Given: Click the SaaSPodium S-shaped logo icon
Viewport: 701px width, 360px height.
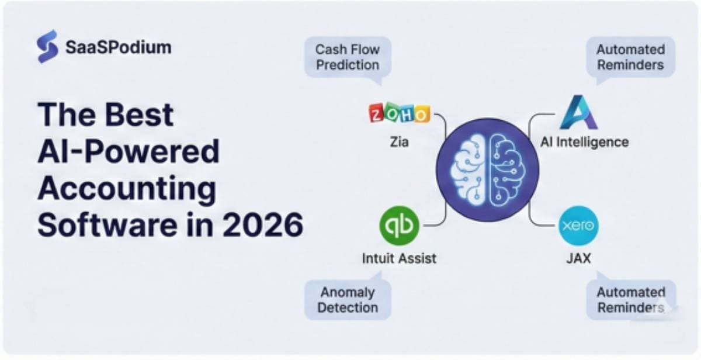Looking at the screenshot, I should click(47, 46).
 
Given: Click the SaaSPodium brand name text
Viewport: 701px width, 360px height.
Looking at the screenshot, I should click(118, 47).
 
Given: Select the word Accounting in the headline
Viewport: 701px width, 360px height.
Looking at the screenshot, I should click(127, 188).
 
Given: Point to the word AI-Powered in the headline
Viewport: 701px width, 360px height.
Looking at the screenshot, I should click(129, 151).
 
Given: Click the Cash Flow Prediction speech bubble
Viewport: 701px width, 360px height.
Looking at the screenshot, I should click(348, 57).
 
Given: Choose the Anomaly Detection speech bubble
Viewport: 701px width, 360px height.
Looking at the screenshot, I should click(348, 300).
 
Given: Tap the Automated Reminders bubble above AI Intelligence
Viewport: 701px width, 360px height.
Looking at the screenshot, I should click(630, 57).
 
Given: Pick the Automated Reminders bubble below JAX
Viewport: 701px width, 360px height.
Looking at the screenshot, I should click(631, 300).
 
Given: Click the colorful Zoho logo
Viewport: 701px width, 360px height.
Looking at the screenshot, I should click(400, 113).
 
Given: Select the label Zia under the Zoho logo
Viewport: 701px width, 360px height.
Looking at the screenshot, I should click(399, 141).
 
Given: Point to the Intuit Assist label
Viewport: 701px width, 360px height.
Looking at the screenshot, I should click(399, 258).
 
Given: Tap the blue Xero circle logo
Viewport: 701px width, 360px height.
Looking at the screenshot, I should click(578, 226).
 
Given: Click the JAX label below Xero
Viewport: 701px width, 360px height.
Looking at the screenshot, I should click(578, 258).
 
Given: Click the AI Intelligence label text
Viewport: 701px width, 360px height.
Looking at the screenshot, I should click(584, 141).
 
